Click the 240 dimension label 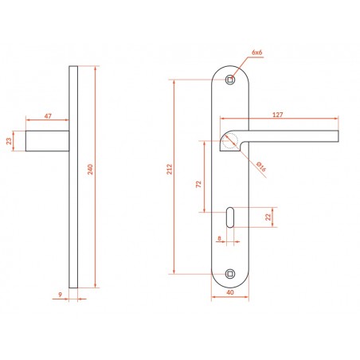tap(91, 170)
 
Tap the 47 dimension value tap(48, 116)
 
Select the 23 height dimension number tap(10, 141)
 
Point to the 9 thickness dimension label tap(61, 295)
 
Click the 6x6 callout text tap(256, 53)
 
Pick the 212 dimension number tap(170, 170)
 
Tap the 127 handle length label tap(278, 115)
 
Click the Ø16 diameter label tap(261, 166)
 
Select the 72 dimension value tap(198, 184)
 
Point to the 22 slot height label tap(268, 217)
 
